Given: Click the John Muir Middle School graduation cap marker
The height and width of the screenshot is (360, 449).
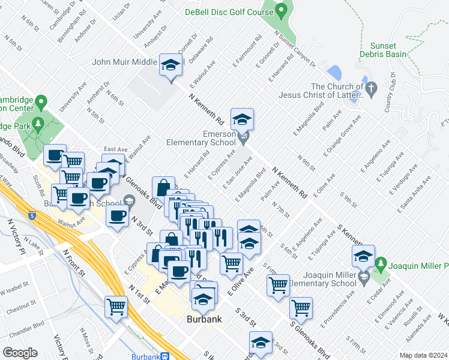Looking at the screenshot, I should click(x=171, y=65).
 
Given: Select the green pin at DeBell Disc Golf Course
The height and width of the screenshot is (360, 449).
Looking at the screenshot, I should click(x=281, y=10).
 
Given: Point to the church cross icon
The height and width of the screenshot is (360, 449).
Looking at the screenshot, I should click(x=371, y=91).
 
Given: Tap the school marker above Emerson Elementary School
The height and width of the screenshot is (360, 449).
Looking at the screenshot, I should click(x=243, y=119).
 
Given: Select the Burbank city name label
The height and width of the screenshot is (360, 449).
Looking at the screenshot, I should click(x=203, y=320).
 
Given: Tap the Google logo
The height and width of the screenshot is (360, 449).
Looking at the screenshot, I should click(x=20, y=353).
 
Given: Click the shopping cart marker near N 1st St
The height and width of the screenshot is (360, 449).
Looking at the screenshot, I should click(x=116, y=307).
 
